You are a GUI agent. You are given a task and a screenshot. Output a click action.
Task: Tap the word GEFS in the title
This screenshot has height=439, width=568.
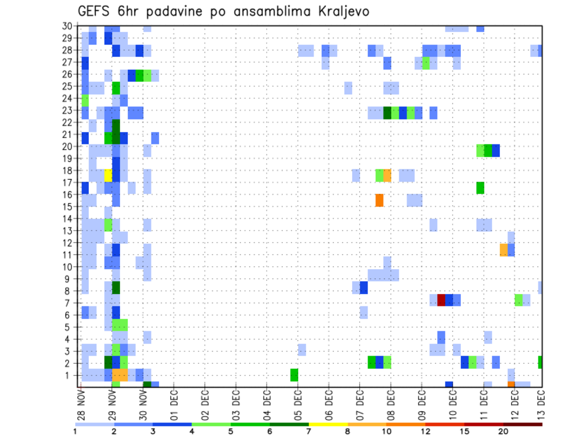point(96,11)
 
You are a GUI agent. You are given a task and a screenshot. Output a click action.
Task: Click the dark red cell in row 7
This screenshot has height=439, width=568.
point(441,300)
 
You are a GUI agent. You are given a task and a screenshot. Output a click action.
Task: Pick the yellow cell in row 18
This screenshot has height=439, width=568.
point(108,176)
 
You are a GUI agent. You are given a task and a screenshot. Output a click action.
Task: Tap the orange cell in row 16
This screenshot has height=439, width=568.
point(379,200)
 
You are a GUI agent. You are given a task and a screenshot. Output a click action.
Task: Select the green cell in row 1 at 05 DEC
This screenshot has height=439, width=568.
point(294,375)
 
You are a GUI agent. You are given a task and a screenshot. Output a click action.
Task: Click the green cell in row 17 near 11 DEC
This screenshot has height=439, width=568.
point(480,188)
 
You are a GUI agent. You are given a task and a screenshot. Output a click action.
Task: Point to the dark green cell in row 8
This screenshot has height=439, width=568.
point(116,288)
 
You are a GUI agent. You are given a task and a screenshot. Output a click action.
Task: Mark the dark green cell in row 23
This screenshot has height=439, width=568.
point(387,112)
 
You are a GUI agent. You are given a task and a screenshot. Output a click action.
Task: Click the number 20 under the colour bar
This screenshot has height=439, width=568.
point(504,431)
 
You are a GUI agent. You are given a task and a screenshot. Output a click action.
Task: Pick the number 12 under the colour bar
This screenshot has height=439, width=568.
point(426,431)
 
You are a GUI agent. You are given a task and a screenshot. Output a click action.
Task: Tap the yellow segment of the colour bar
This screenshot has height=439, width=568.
point(328,424)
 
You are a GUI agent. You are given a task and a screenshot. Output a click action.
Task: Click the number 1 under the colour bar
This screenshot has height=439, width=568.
point(75,431)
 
